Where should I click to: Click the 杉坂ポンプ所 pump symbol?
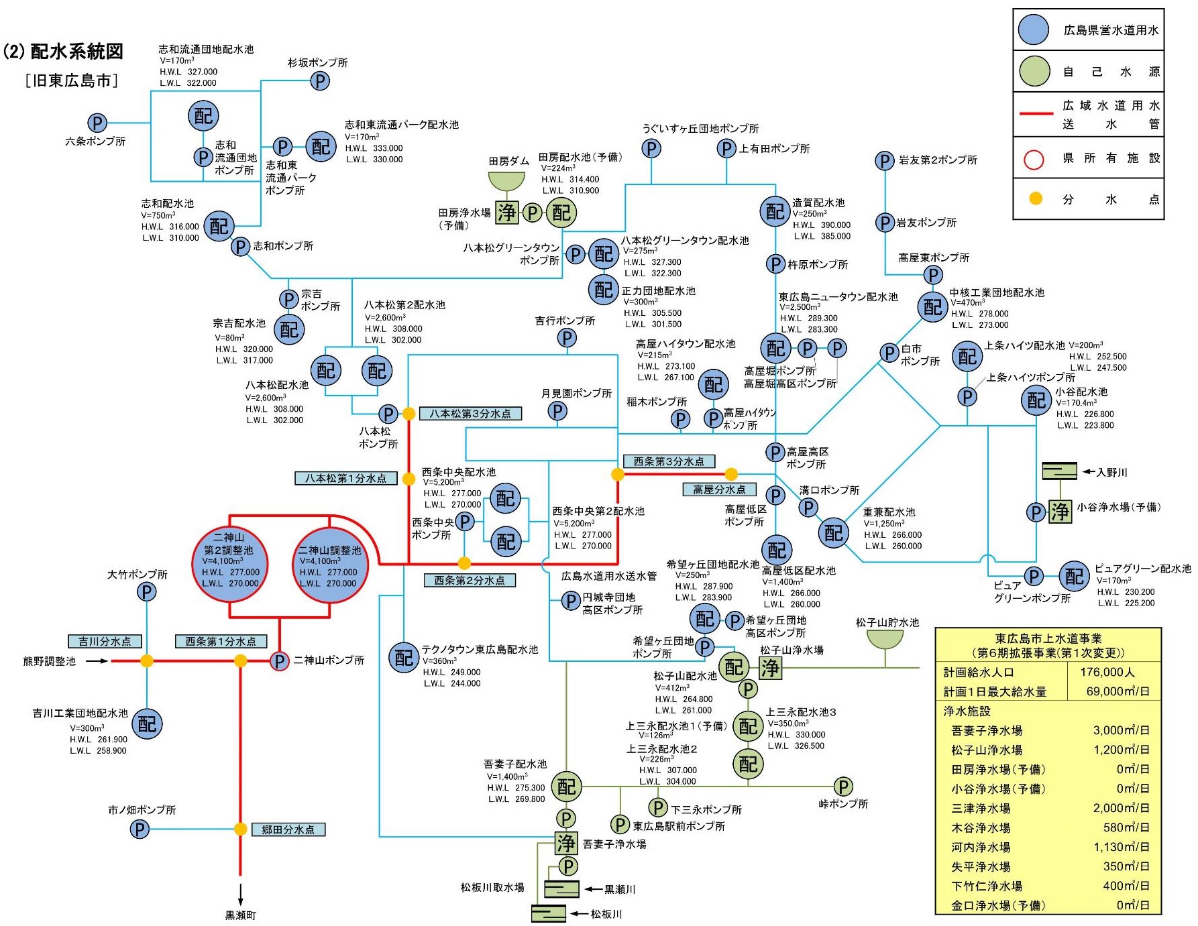(320, 81)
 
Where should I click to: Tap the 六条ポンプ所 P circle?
(97, 123)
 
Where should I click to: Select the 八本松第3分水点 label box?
(470, 414)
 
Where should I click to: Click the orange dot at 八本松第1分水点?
(409, 479)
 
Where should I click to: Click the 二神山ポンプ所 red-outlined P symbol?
(279, 661)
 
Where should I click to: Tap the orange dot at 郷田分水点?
(240, 829)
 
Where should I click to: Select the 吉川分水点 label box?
(105, 641)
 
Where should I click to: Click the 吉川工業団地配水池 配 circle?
(146, 724)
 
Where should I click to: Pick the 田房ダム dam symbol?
(506, 181)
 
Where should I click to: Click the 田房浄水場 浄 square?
(507, 213)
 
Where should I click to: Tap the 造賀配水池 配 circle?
(775, 211)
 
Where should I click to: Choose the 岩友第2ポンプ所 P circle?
(885, 161)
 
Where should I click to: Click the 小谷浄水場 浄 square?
(1060, 512)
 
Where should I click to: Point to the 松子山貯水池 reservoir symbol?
(885, 639)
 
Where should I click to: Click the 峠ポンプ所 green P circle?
(843, 786)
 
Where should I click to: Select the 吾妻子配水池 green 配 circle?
(566, 787)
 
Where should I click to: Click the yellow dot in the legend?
(1036, 198)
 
